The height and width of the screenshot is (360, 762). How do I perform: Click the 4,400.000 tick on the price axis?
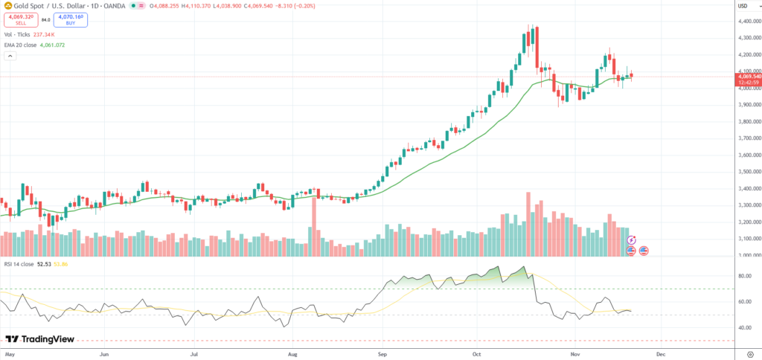point(747,21)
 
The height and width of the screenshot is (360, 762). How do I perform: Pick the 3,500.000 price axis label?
point(747,172)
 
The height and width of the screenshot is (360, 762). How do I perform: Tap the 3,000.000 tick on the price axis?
point(747,256)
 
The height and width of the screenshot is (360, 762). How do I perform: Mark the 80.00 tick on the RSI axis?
point(742,276)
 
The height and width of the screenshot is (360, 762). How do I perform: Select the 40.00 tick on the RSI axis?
point(742,327)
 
